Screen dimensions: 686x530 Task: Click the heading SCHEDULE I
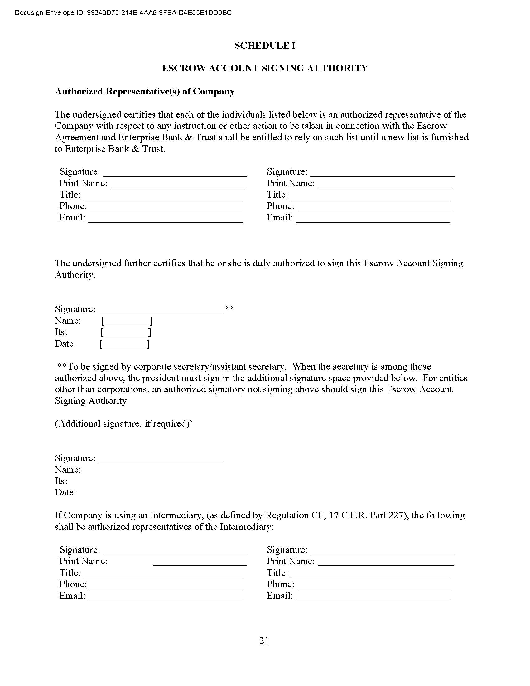point(265,46)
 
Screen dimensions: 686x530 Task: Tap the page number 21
point(264,640)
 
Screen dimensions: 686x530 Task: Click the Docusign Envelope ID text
point(123,13)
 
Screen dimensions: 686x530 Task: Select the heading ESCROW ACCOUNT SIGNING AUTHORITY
point(265,69)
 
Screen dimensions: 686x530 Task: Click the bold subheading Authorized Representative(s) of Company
point(145,92)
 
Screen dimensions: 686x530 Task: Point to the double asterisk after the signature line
point(230,308)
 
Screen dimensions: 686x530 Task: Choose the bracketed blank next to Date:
point(125,344)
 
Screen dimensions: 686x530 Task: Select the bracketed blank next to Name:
point(127,321)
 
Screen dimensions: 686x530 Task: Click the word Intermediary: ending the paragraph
point(247,527)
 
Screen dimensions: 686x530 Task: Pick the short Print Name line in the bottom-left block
point(200,565)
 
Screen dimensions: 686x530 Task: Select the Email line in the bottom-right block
point(373,600)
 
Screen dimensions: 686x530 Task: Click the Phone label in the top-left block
point(73,206)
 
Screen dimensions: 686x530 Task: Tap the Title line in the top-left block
point(163,199)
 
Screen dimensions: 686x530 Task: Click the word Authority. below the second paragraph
point(75,275)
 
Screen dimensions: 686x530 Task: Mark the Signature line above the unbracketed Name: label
point(161,463)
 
